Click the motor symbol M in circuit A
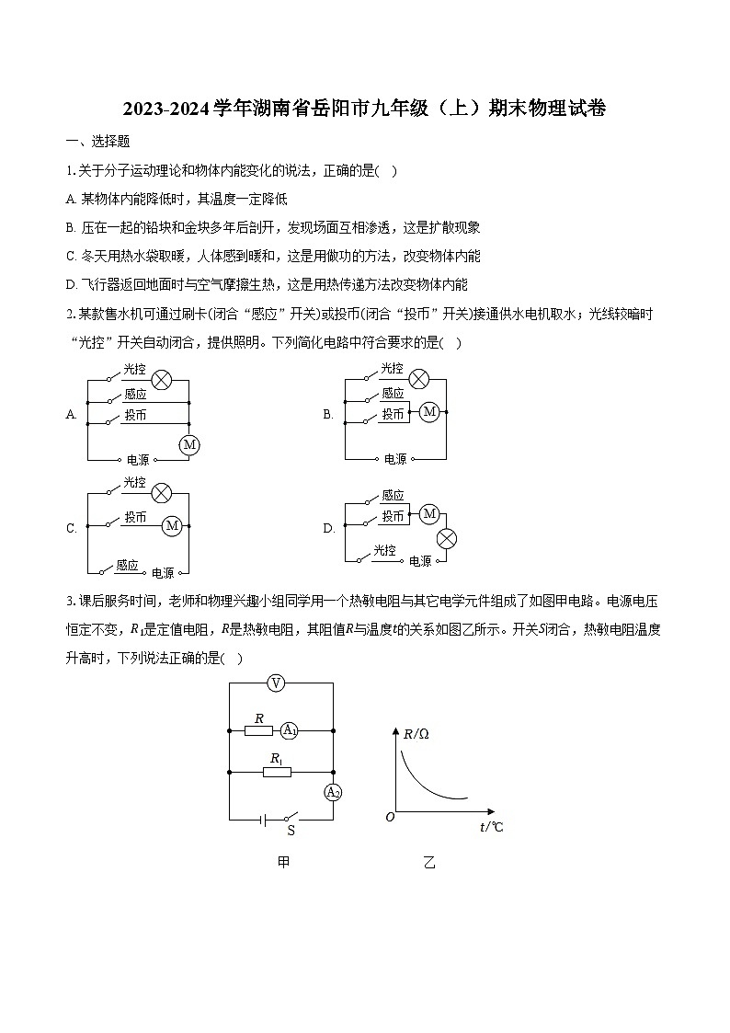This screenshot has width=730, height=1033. (x=189, y=445)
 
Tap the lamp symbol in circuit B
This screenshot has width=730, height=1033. (x=419, y=379)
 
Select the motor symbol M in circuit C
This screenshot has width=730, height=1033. (x=172, y=526)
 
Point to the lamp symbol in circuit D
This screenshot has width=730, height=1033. (x=447, y=539)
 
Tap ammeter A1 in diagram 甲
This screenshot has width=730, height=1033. (x=289, y=731)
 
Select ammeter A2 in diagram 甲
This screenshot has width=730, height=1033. (x=333, y=792)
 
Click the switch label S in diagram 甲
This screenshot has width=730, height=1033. (x=291, y=831)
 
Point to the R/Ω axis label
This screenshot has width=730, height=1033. (x=416, y=734)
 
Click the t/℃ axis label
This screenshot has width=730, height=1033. (x=492, y=827)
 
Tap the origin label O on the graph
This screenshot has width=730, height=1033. (x=390, y=817)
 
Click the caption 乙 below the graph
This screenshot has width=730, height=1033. (x=429, y=863)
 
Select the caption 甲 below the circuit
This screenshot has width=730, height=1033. (x=283, y=863)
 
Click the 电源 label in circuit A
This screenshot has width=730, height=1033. (x=138, y=459)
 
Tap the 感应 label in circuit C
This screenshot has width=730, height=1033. (x=127, y=566)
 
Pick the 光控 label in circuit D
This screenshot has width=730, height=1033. (x=384, y=551)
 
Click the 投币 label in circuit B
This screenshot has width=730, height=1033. (x=394, y=415)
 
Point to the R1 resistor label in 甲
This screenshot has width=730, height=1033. (x=275, y=758)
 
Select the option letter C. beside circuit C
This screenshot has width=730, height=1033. (x=72, y=528)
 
